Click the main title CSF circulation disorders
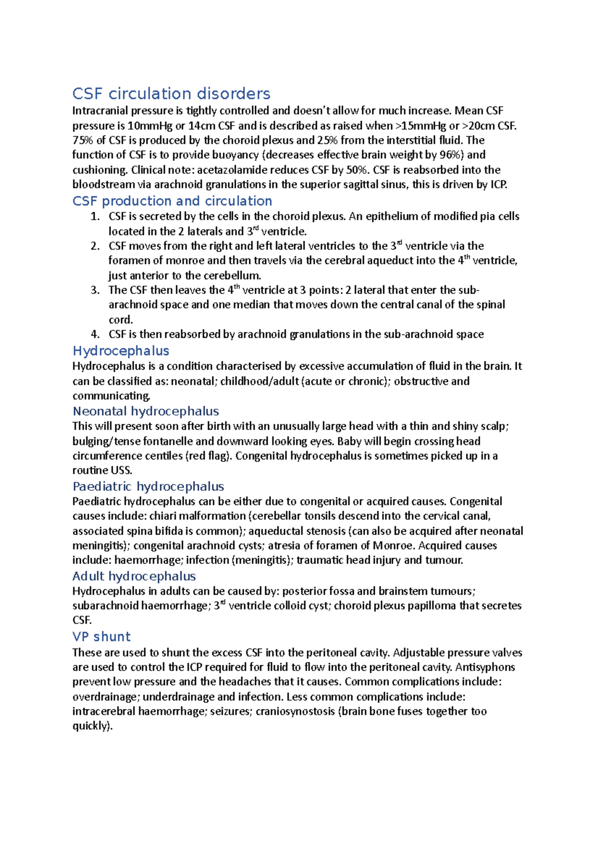tap(171, 94)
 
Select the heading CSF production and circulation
tap(172, 201)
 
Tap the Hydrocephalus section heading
tap(121, 351)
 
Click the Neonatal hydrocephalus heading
tap(146, 411)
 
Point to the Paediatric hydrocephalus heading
tap(148, 486)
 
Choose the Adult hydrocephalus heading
tap(134, 576)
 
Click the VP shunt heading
tap(101, 637)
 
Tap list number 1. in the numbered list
tap(95, 216)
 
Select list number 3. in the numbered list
tap(95, 290)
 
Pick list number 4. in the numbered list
tap(95, 334)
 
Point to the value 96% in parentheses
tap(452, 155)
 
